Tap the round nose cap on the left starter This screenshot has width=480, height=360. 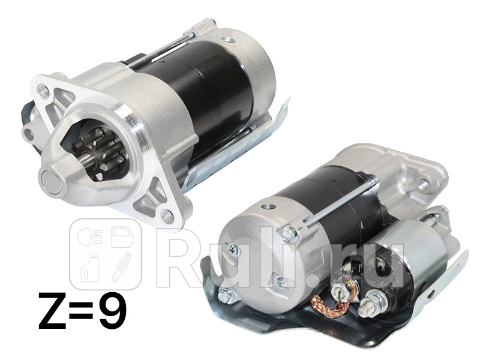pyautogui.click(x=53, y=181)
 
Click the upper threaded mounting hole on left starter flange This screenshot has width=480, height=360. pyautogui.click(x=42, y=89)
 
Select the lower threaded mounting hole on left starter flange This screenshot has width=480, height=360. pyautogui.click(x=168, y=216)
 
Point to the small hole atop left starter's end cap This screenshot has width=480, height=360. pyautogui.click(x=227, y=40)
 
